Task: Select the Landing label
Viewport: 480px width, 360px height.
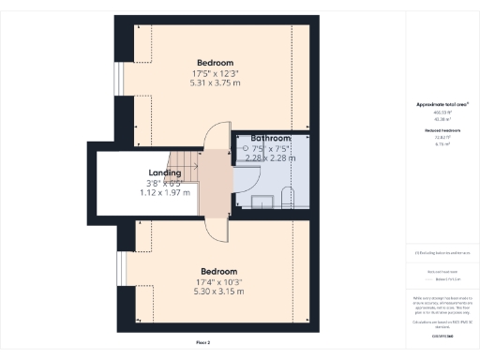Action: tap(165, 172)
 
